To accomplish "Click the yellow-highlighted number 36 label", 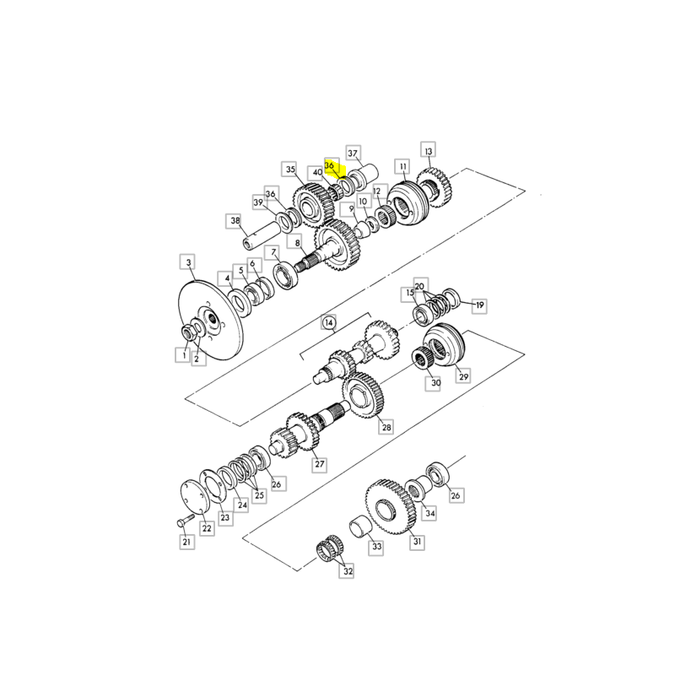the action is click(x=330, y=165).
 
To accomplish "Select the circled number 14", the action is click(x=329, y=322).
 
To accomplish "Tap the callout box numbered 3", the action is click(x=188, y=262).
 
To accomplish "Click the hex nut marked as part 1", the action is click(x=188, y=332).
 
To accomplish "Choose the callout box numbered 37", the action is click(x=353, y=153).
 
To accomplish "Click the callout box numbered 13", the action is click(x=428, y=151).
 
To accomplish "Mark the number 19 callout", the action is click(x=479, y=305).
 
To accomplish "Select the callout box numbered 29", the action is click(x=463, y=376).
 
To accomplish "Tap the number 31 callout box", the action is click(x=417, y=542).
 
